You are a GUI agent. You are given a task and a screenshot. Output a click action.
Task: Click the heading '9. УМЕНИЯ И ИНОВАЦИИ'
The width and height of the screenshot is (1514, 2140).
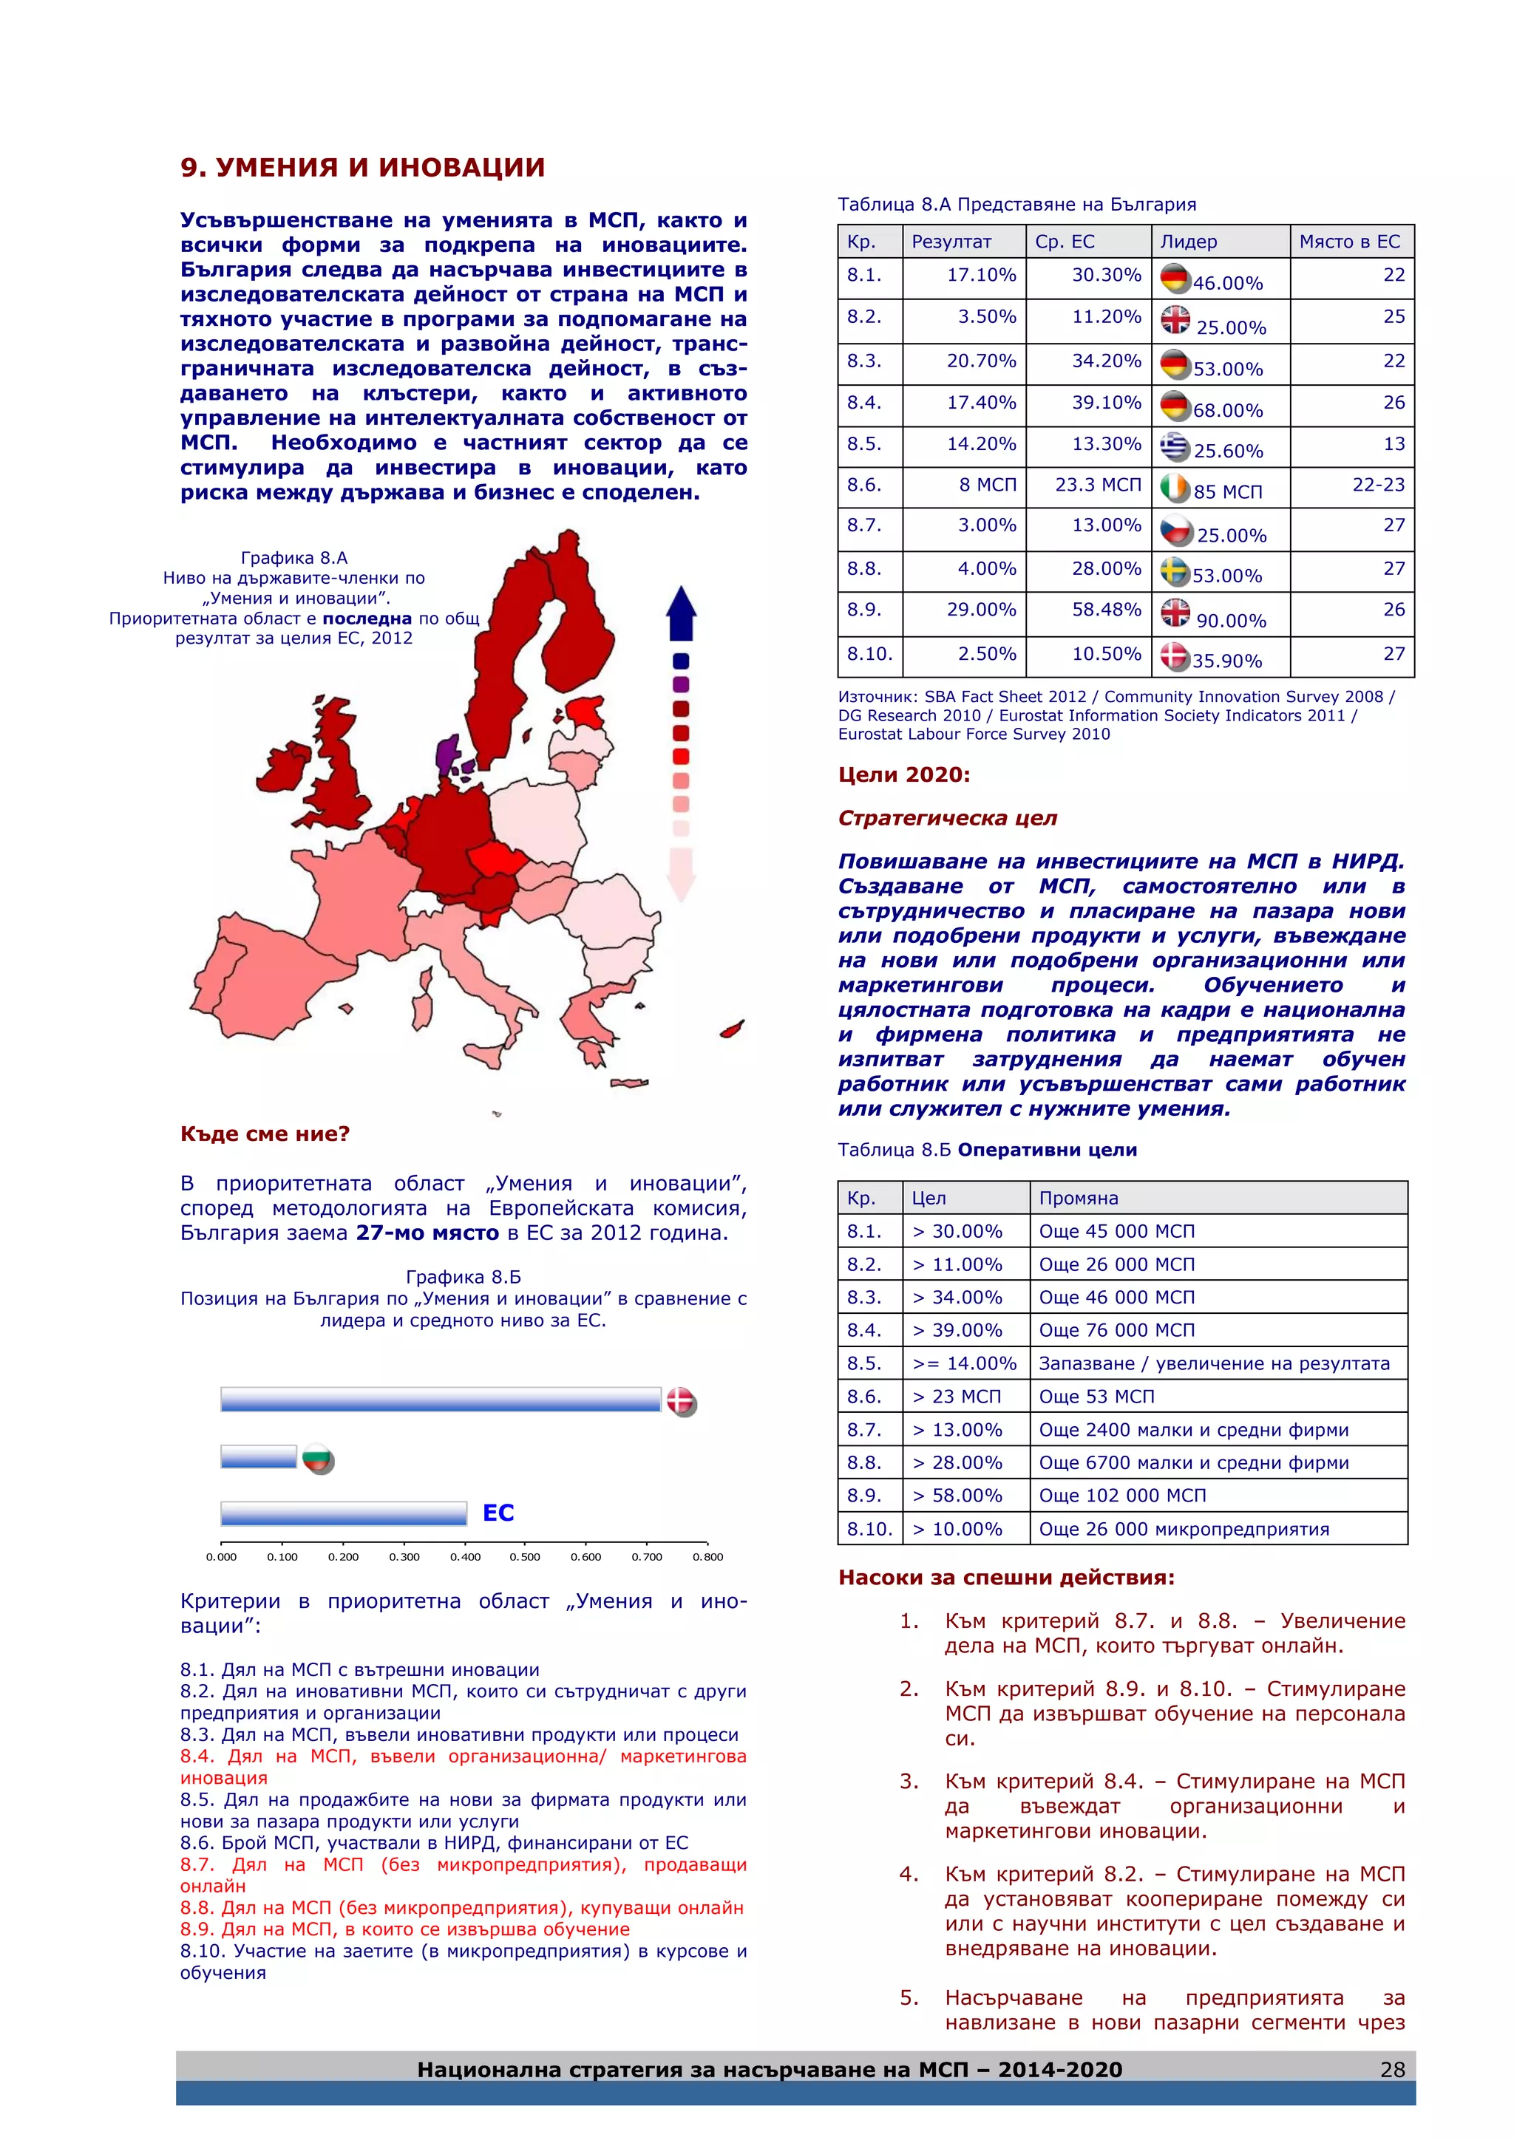[363, 168]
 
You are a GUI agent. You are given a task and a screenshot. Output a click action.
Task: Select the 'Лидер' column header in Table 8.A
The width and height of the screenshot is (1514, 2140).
[1189, 242]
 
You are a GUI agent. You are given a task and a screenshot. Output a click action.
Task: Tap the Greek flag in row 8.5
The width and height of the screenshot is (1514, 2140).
[1175, 446]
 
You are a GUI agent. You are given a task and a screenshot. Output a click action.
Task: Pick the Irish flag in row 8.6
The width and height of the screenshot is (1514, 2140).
[1175, 488]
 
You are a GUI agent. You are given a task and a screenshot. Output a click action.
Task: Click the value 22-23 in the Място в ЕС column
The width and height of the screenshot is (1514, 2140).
[1378, 485]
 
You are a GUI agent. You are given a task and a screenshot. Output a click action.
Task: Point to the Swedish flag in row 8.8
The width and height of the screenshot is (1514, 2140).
[1175, 571]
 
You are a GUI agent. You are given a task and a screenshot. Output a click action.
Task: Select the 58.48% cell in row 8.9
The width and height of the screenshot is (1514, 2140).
[1106, 610]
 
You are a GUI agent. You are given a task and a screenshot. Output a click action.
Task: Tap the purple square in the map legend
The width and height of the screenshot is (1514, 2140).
[681, 684]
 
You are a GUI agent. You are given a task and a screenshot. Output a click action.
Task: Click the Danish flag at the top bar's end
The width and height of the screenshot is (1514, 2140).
[682, 1401]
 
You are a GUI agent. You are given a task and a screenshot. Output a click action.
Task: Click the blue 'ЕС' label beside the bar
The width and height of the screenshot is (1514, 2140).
[498, 1513]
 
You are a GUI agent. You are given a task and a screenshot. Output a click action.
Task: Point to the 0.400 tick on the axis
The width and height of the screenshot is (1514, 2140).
[464, 1556]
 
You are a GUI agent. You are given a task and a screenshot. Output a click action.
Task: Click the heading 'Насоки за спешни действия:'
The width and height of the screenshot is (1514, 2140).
[1006, 1578]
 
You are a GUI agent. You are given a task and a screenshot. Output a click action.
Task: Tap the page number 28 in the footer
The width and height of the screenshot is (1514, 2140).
[1392, 2070]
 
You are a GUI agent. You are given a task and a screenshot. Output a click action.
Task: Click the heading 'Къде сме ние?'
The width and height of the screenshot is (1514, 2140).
[265, 1134]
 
